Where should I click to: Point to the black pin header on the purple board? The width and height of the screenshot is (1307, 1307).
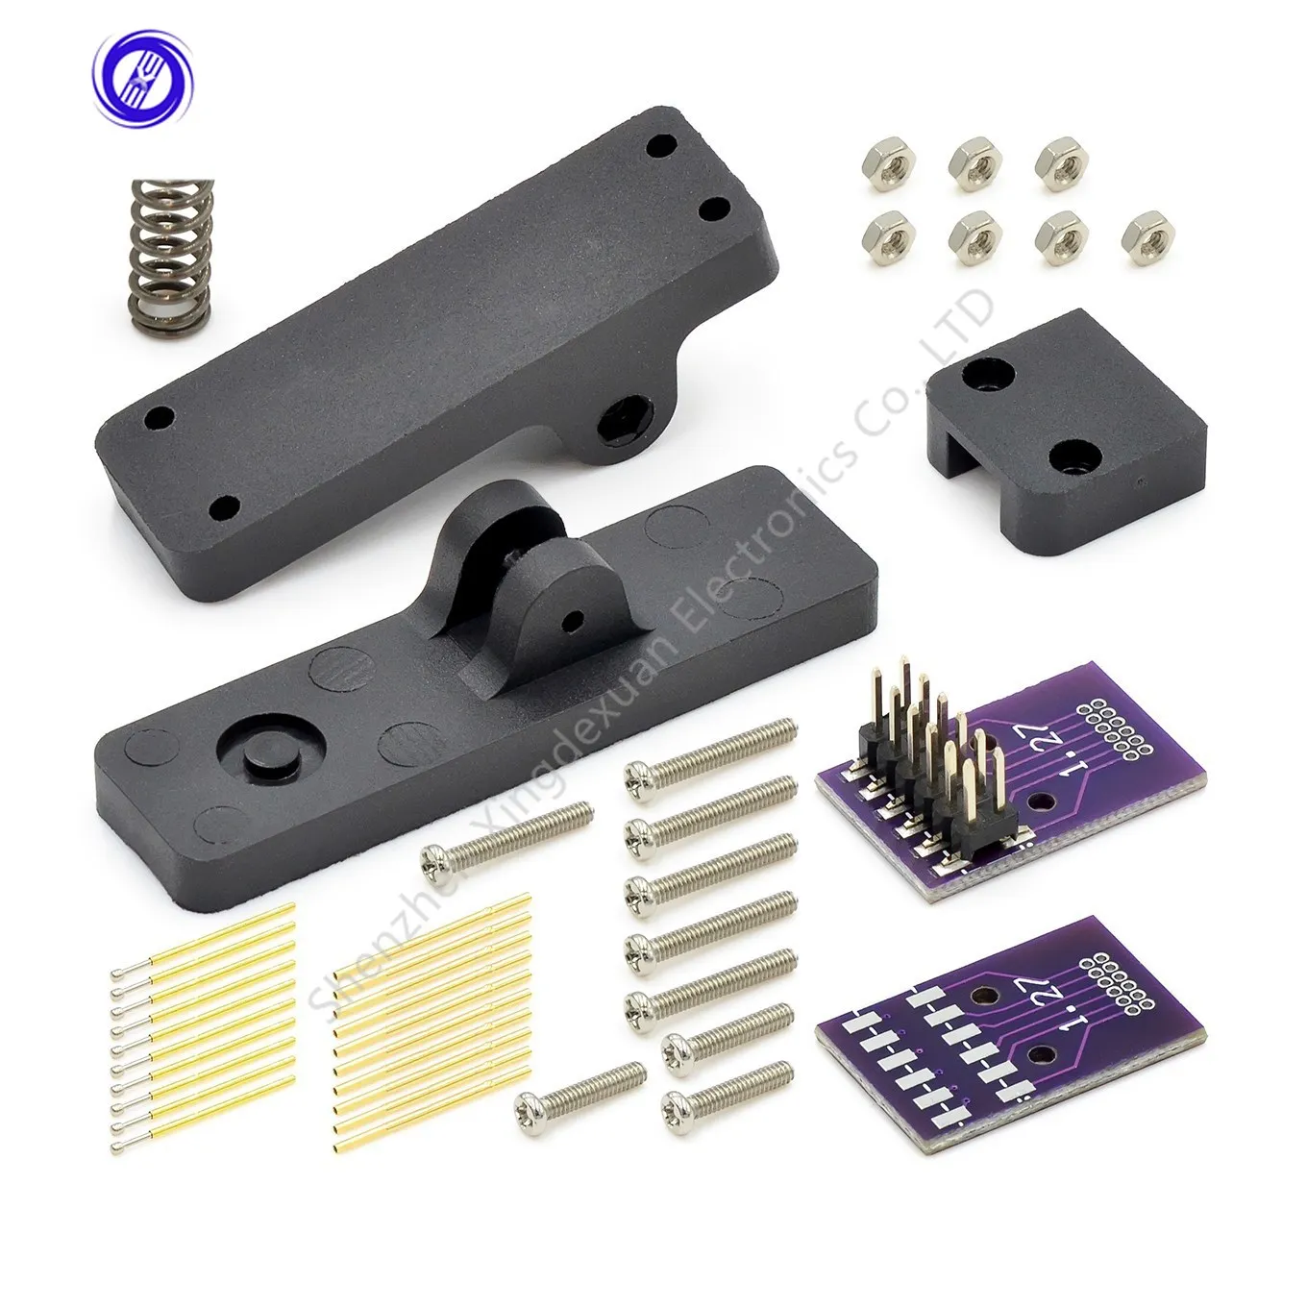(918, 781)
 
